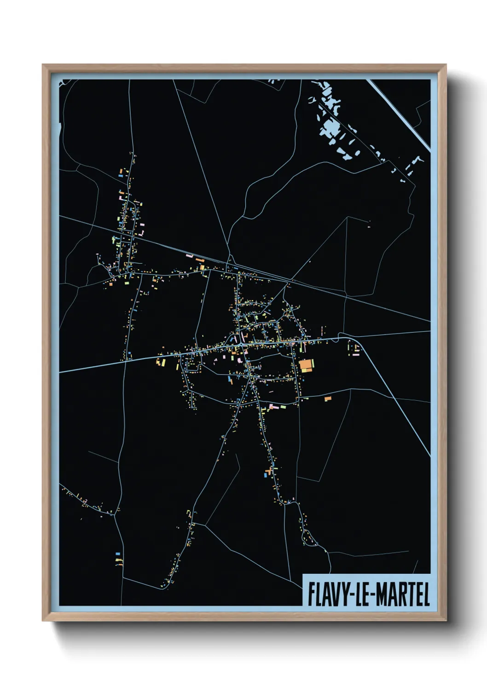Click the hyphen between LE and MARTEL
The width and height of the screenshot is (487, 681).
373,595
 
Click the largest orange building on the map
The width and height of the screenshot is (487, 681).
306,365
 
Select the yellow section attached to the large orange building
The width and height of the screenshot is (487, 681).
313,364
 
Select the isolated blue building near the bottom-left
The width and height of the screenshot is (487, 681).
118,554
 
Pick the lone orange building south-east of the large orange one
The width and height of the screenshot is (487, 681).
328,398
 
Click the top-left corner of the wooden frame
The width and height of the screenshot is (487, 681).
43,65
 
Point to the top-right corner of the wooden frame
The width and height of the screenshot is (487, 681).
446,65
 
